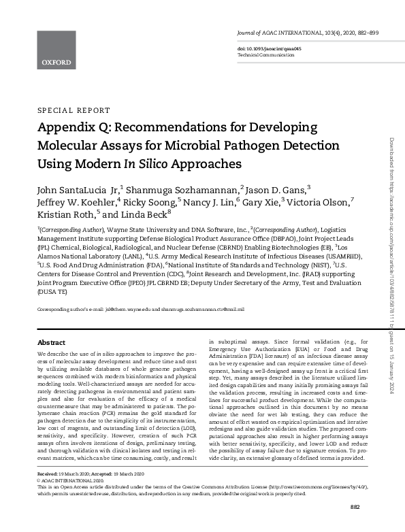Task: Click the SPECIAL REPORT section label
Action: [73, 110]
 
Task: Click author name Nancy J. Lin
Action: [207, 202]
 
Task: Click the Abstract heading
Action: [51, 343]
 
